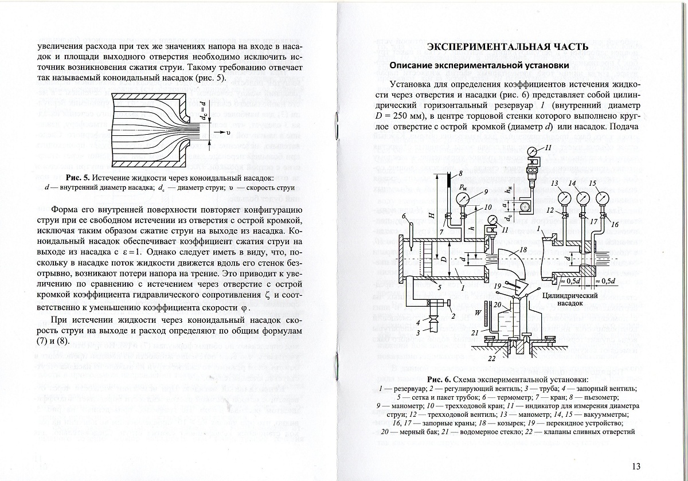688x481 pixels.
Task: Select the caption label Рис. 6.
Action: pos(440,380)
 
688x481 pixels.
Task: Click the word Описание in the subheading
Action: pos(414,65)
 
